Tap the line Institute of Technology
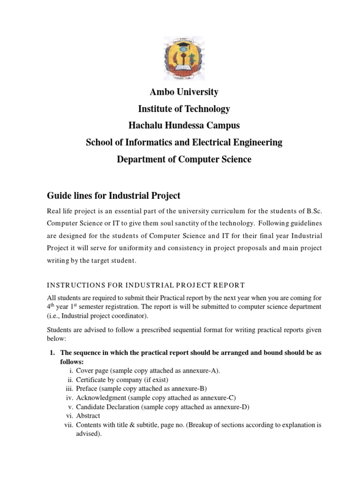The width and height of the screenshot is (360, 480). [184, 109]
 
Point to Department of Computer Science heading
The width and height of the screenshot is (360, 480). [184, 159]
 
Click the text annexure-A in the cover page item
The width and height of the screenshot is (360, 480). [201, 370]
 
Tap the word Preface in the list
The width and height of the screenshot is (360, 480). [87, 389]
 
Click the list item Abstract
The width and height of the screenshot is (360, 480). [88, 415]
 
